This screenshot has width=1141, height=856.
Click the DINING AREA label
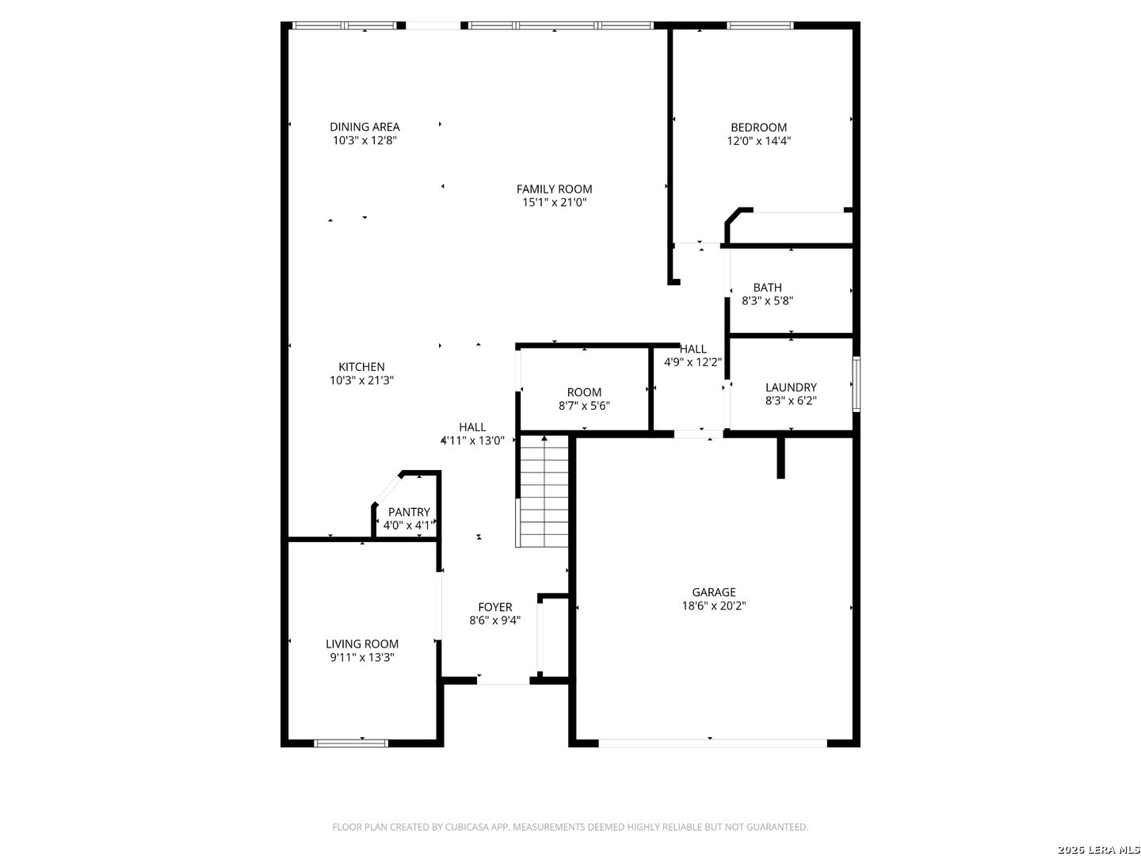click(364, 127)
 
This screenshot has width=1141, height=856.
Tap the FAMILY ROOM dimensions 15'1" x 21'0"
click(554, 203)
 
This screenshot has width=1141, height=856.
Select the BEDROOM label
click(758, 128)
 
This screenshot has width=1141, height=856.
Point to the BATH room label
click(767, 288)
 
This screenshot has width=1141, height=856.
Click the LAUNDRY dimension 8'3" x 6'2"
click(790, 401)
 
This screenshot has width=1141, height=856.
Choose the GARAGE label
click(713, 592)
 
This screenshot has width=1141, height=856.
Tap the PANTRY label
click(409, 512)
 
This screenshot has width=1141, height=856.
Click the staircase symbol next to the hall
click(544, 491)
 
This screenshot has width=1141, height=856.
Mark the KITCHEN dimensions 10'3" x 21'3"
click(361, 380)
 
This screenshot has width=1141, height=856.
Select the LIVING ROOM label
click(362, 644)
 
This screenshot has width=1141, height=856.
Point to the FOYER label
click(494, 608)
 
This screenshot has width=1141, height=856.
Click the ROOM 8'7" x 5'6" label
click(584, 392)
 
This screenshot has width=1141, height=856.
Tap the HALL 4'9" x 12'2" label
click(693, 349)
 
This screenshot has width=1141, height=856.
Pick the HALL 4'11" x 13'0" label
click(472, 427)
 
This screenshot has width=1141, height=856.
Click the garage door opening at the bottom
click(712, 743)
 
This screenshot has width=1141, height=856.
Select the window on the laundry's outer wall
click(856, 384)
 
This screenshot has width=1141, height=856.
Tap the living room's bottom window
click(351, 743)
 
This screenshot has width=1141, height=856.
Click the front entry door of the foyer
click(502, 680)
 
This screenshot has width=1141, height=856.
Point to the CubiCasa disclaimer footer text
click(570, 827)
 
